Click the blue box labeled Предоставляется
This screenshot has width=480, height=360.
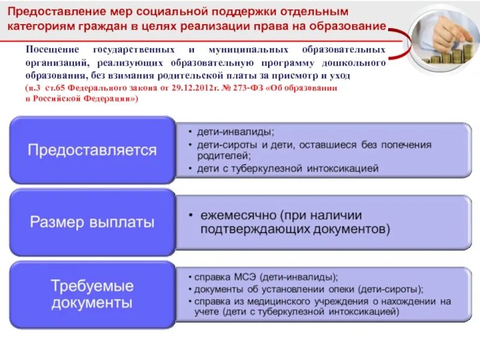click(92, 150)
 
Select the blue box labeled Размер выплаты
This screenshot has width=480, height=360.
click(92, 223)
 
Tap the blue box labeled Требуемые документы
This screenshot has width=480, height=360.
click(92, 295)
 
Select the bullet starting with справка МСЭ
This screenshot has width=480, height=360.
click(265, 277)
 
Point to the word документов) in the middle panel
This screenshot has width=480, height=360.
click(357, 230)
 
